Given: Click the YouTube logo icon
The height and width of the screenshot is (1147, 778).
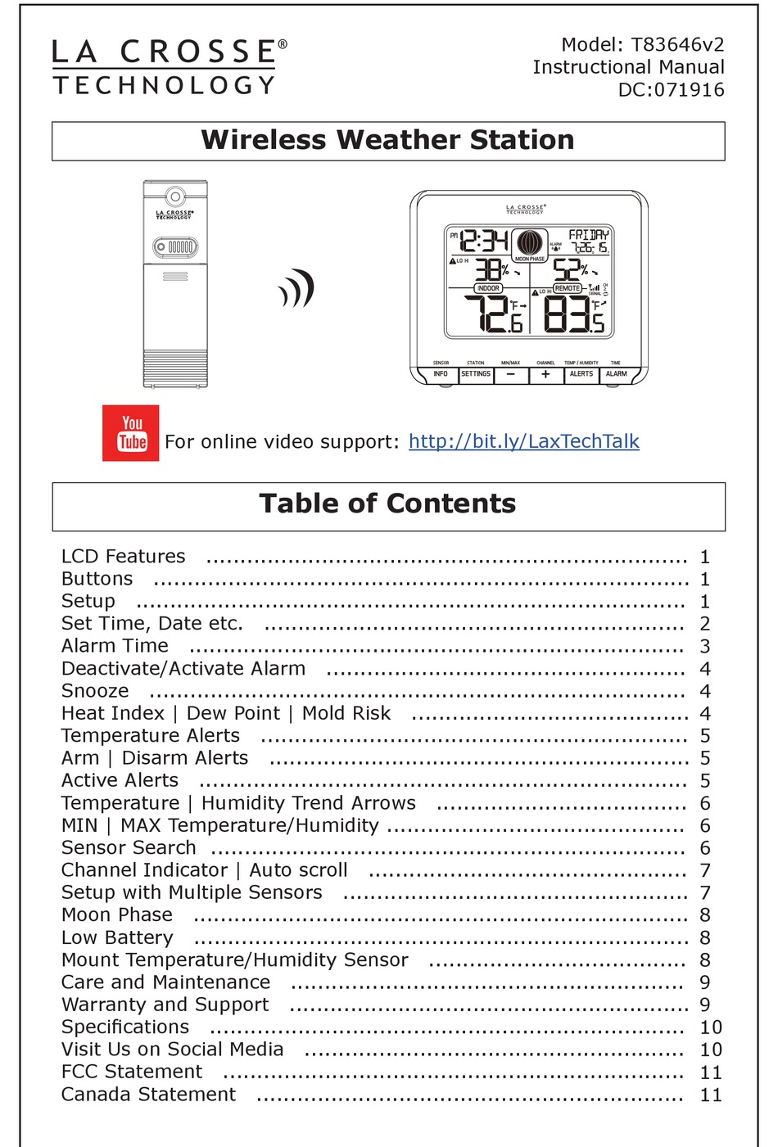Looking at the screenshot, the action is click(x=131, y=433).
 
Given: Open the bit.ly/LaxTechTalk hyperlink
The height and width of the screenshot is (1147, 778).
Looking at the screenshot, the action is click(x=523, y=441).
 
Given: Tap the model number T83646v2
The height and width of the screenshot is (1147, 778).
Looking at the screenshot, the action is click(x=677, y=44).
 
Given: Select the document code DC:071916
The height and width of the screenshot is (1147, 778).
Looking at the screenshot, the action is click(x=671, y=90).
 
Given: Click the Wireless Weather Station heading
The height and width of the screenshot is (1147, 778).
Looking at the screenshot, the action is click(x=388, y=140).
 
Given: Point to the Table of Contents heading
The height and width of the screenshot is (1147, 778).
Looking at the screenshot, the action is click(x=388, y=504).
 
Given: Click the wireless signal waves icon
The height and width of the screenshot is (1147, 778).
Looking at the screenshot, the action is click(x=297, y=288).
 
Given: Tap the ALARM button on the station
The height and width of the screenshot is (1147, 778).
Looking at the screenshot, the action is click(x=616, y=374).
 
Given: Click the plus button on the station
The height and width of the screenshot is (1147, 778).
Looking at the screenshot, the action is click(x=545, y=374).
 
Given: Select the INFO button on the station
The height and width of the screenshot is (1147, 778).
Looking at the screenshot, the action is click(x=441, y=374).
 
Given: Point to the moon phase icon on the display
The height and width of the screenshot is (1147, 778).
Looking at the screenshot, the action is click(x=529, y=243).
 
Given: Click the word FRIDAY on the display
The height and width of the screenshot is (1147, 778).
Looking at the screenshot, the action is click(x=589, y=235).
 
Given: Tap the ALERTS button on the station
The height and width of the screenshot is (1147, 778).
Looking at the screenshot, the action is click(x=581, y=374).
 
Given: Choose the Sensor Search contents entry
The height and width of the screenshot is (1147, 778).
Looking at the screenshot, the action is click(x=129, y=847).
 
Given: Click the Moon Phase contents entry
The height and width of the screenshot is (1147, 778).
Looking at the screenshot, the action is click(x=117, y=914).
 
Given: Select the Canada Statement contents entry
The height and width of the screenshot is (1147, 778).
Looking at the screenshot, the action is click(x=148, y=1095).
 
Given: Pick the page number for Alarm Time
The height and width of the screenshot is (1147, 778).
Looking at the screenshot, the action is click(x=705, y=647).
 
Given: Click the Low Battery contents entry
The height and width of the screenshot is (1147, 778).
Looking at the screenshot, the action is click(x=117, y=937).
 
